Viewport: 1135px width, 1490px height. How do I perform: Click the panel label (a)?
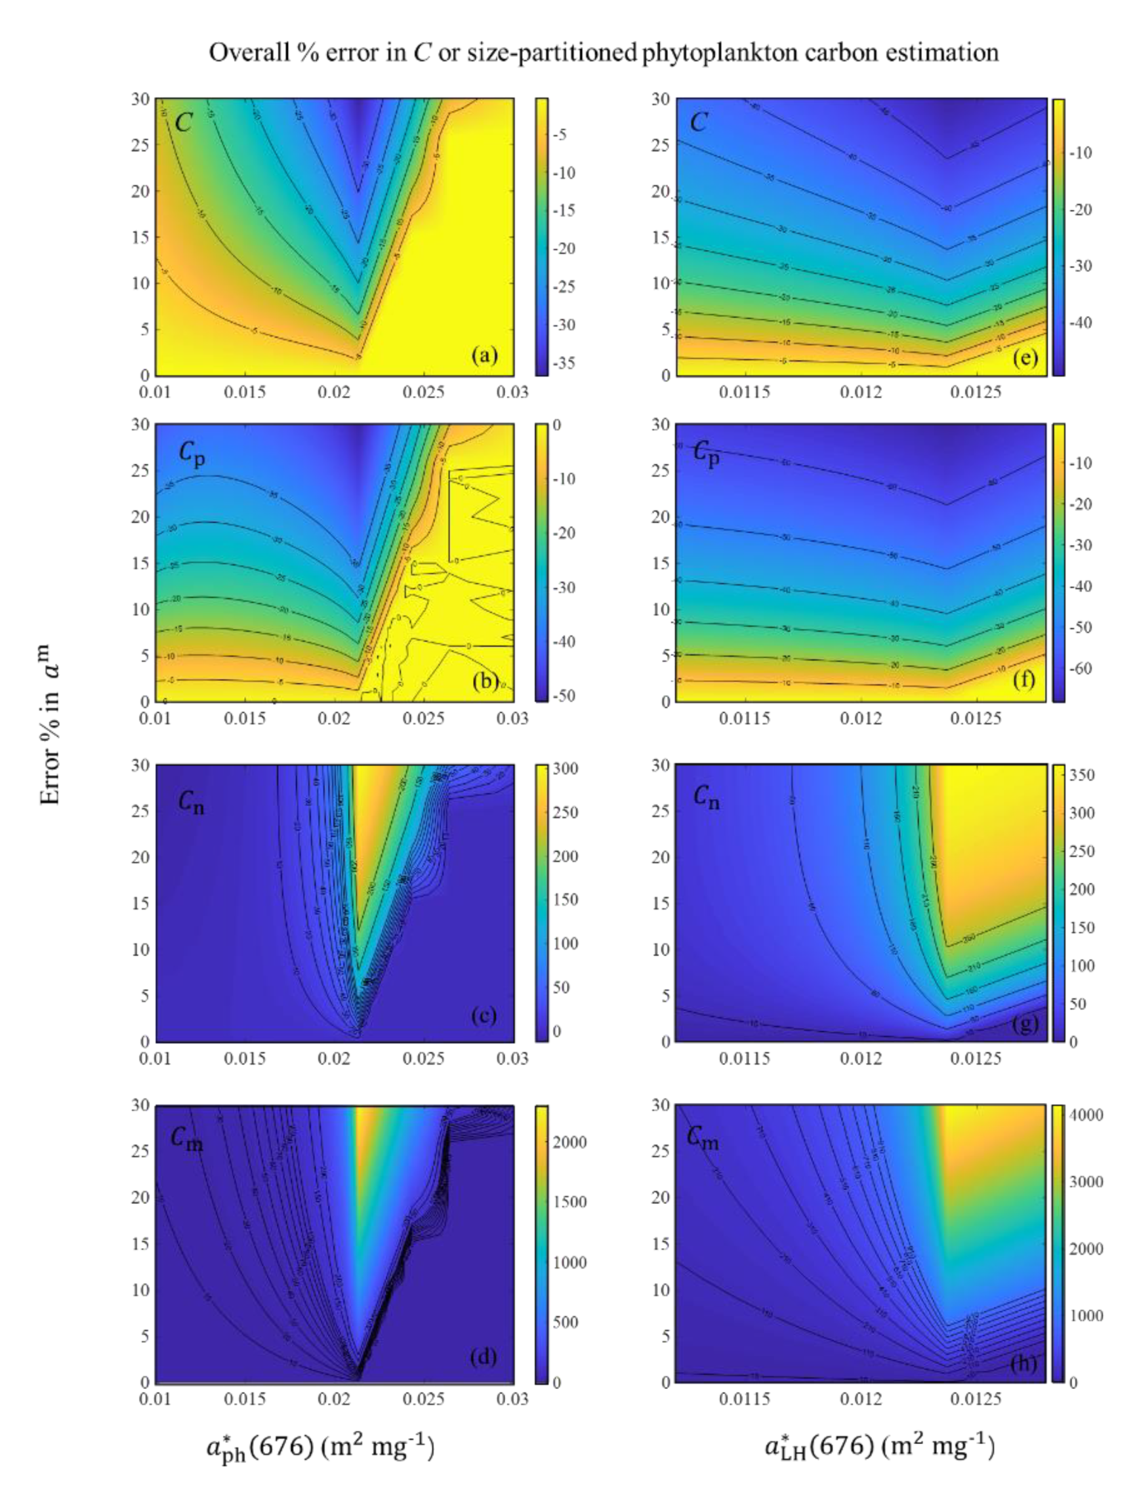click(484, 355)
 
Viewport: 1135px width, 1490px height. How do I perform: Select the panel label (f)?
click(1024, 679)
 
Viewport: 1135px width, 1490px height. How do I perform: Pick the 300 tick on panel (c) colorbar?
click(565, 769)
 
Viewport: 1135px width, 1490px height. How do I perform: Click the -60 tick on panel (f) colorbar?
click(1083, 668)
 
